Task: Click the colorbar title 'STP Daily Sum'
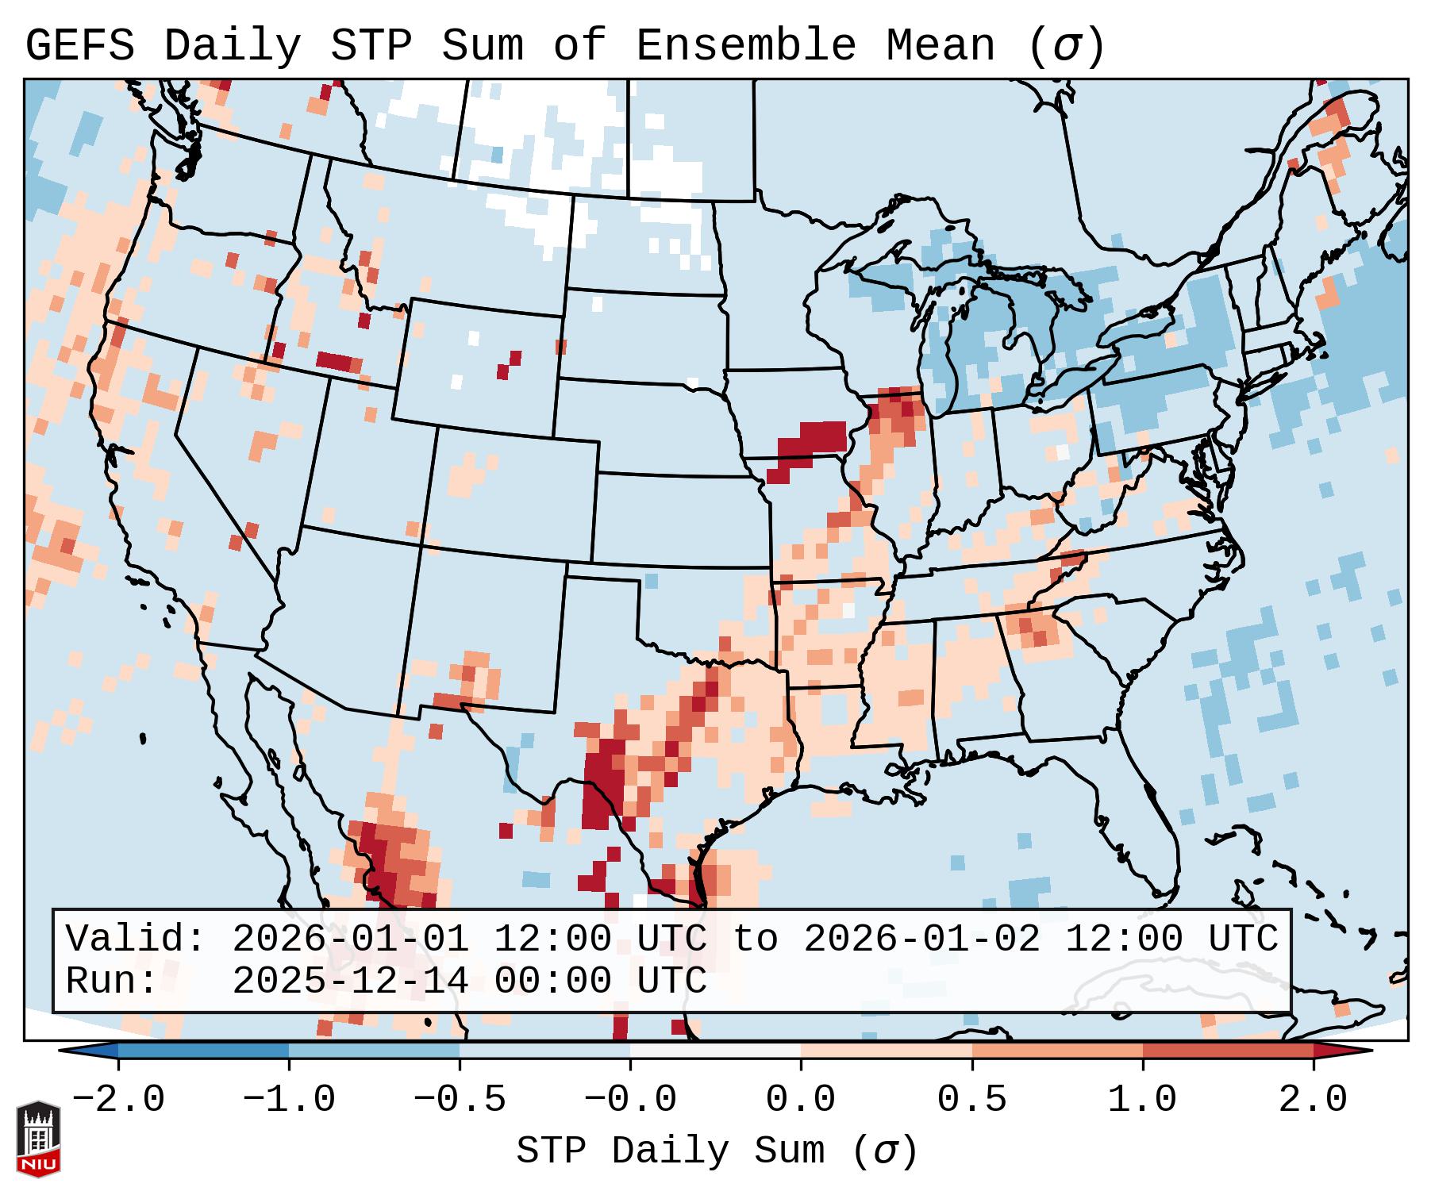click(x=671, y=1151)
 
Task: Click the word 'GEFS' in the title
click(x=80, y=46)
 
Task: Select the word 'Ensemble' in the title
click(x=746, y=46)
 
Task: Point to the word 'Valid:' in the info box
click(x=136, y=939)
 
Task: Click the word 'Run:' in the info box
click(x=112, y=982)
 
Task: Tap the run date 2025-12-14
click(x=350, y=982)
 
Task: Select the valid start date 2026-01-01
click(x=350, y=939)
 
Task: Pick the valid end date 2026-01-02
click(x=921, y=939)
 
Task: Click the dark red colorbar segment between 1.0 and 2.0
click(x=1228, y=1051)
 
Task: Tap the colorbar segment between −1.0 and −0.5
click(x=374, y=1051)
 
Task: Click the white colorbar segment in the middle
click(x=715, y=1051)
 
